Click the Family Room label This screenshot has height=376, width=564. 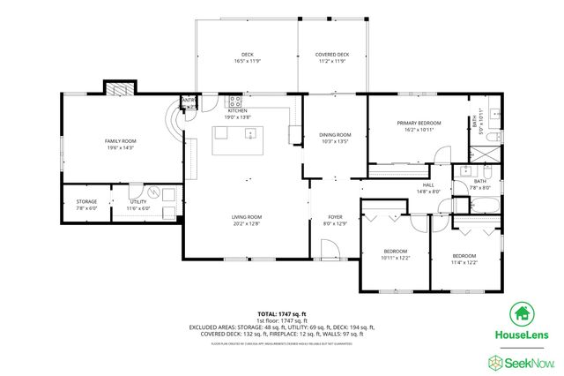[120, 141]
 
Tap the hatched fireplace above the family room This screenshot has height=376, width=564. [119, 87]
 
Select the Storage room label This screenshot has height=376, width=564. [74, 202]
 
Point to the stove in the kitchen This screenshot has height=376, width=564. [235, 102]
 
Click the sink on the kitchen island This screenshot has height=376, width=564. [252, 134]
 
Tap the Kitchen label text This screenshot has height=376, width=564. [238, 110]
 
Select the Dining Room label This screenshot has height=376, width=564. [335, 134]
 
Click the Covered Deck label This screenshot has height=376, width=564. [332, 55]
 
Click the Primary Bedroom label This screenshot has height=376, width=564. [418, 123]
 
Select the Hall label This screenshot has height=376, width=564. [428, 184]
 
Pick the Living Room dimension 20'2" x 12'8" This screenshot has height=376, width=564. [247, 223]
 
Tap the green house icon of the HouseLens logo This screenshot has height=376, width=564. [520, 313]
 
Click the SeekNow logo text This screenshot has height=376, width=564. [531, 361]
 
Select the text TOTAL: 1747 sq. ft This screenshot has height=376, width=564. [281, 313]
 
